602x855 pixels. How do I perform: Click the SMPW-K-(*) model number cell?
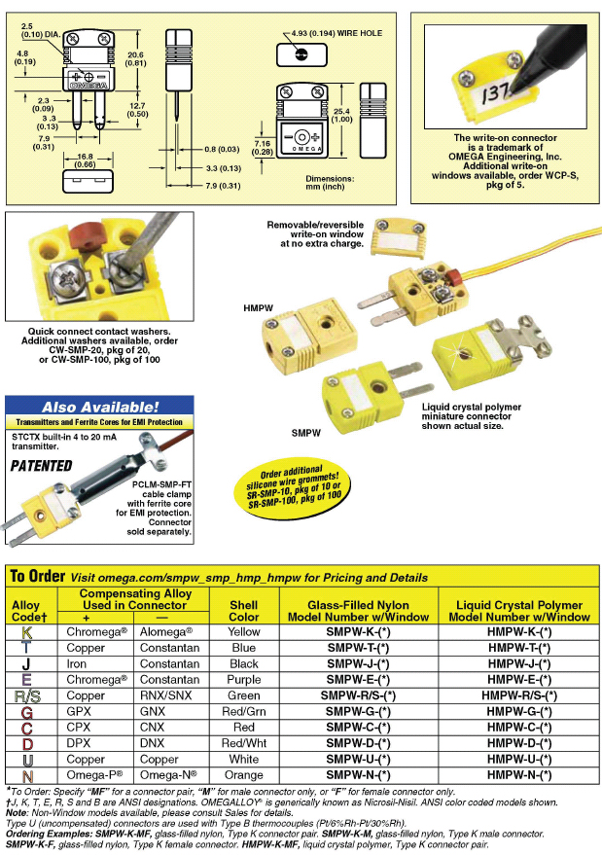(355, 631)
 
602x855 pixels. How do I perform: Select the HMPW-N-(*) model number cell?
(519, 774)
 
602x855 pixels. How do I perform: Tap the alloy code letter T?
(26, 648)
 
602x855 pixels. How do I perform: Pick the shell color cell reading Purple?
(243, 679)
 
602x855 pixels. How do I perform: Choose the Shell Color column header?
(243, 609)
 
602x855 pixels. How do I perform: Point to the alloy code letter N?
(26, 775)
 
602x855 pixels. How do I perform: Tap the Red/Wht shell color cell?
(243, 743)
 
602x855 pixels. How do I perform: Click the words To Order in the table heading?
(37, 577)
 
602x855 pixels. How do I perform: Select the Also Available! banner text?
(100, 407)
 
